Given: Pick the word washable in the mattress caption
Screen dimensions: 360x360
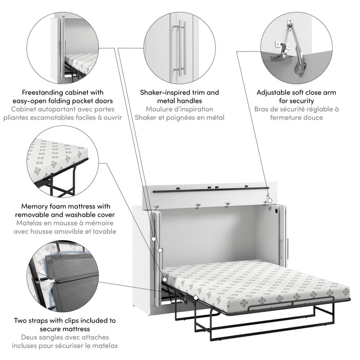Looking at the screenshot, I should (85, 214).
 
